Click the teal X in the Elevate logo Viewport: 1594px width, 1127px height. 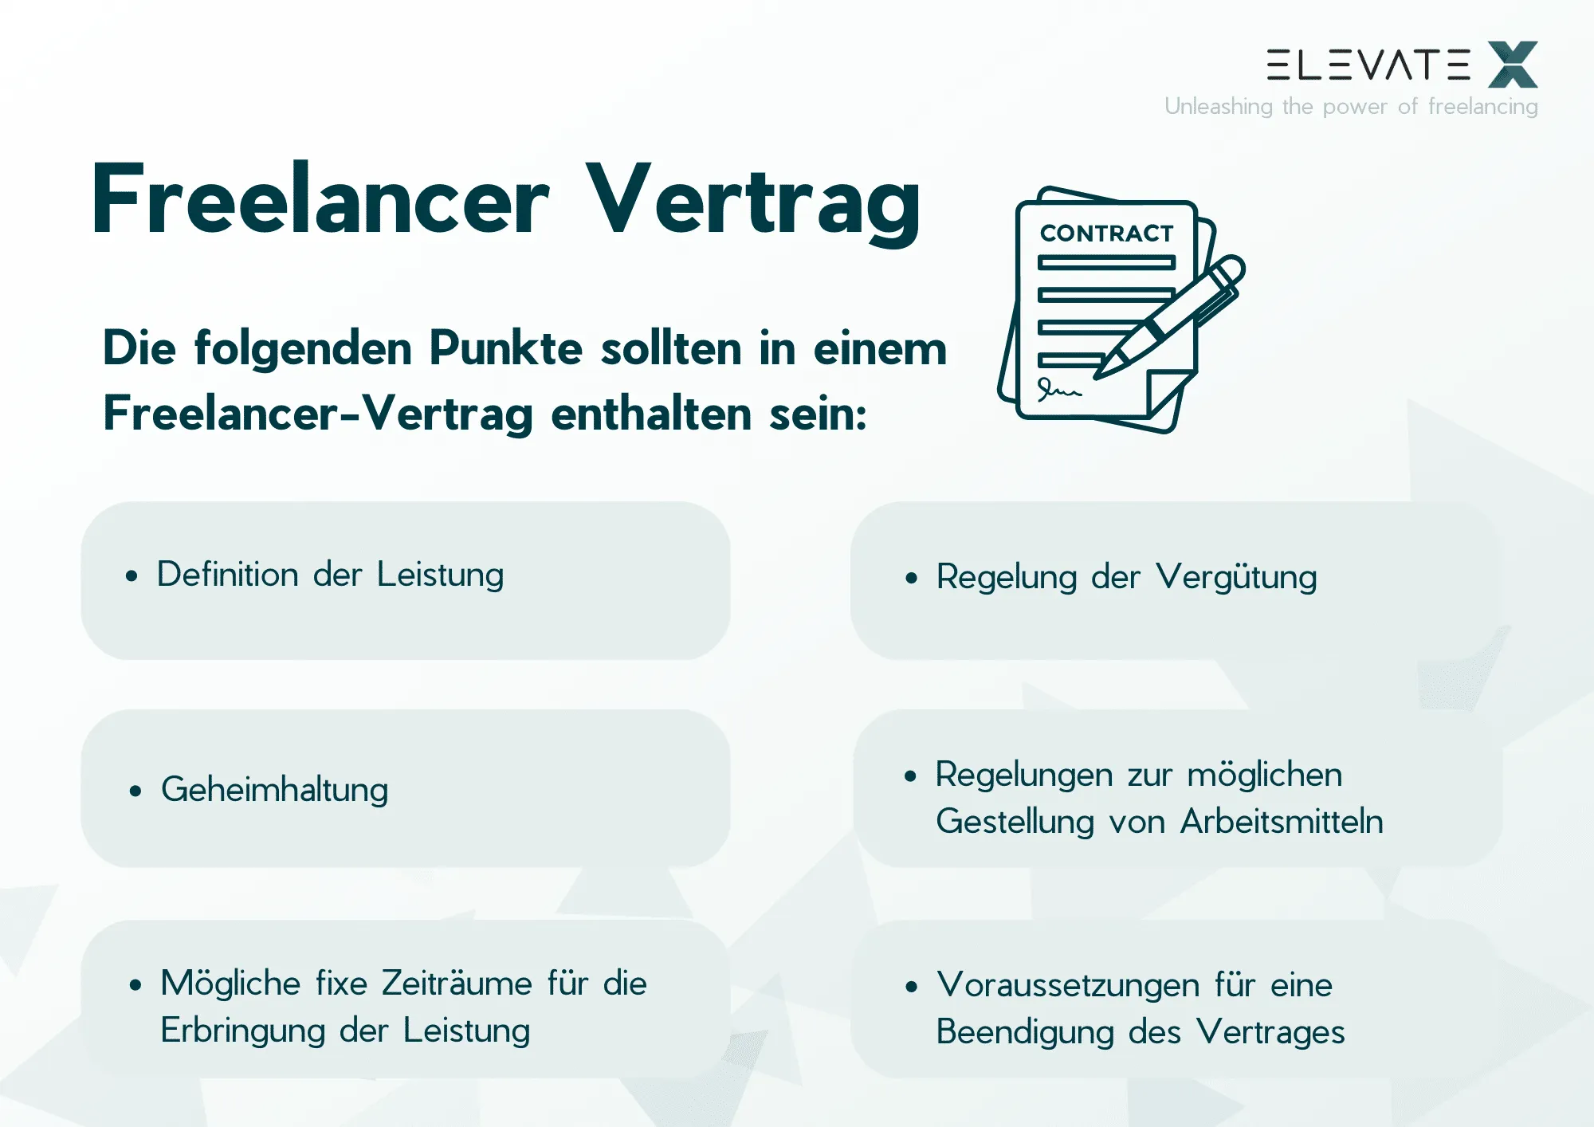[x=1512, y=65]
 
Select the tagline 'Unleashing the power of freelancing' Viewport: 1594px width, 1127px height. [x=1351, y=107]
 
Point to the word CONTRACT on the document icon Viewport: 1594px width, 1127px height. [x=1106, y=234]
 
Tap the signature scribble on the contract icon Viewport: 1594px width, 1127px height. [x=1058, y=390]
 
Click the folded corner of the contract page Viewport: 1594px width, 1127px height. [x=1165, y=391]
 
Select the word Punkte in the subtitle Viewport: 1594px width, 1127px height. [x=506, y=349]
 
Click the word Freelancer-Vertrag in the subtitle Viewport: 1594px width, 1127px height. [x=318, y=414]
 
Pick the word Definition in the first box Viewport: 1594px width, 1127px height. [x=227, y=575]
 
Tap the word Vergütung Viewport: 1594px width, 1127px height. [x=1236, y=578]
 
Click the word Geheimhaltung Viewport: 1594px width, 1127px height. [x=274, y=791]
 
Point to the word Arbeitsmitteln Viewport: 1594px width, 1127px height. [x=1282, y=822]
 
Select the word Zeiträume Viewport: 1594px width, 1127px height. [x=457, y=984]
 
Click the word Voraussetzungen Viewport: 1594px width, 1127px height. [x=1068, y=985]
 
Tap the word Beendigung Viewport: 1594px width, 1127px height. [x=1025, y=1032]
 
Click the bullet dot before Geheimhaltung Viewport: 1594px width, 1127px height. [x=135, y=791]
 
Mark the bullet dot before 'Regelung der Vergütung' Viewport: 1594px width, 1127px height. [x=912, y=579]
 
